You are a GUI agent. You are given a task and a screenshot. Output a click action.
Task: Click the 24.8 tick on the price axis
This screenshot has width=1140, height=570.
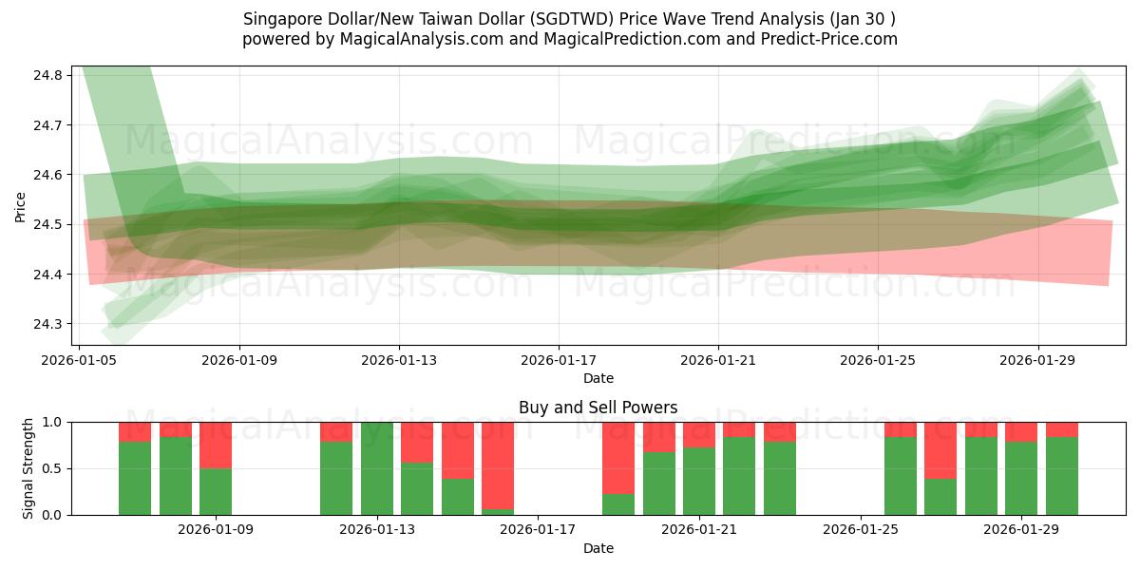tap(49, 75)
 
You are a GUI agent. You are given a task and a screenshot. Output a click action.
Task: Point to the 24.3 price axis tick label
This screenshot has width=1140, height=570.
tap(49, 324)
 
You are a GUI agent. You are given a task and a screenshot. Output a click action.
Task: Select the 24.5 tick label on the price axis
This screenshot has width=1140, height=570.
tap(49, 225)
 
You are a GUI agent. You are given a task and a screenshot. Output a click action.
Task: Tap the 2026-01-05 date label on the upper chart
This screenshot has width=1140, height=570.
tap(80, 361)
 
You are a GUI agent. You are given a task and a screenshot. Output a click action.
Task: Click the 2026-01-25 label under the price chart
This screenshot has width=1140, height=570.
tap(877, 361)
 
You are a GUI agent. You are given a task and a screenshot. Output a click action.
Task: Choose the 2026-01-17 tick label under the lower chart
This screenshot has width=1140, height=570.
tap(539, 530)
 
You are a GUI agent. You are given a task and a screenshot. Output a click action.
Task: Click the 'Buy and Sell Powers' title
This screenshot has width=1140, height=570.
tap(598, 408)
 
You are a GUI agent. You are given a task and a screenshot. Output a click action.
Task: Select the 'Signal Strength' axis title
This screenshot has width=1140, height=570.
tap(28, 468)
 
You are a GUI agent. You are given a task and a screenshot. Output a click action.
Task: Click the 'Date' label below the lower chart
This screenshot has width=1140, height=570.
tap(598, 548)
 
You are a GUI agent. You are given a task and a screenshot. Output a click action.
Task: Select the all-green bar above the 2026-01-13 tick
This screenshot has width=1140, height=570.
tap(377, 468)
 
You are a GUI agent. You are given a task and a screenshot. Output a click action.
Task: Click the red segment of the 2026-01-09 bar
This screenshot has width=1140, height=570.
tap(216, 445)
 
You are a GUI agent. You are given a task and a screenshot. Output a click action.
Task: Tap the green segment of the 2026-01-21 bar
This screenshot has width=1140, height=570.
tap(699, 481)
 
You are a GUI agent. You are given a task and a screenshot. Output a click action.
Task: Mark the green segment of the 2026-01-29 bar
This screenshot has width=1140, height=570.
tap(1021, 478)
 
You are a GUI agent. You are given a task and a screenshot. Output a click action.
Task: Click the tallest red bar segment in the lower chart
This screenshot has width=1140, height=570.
tap(498, 465)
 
